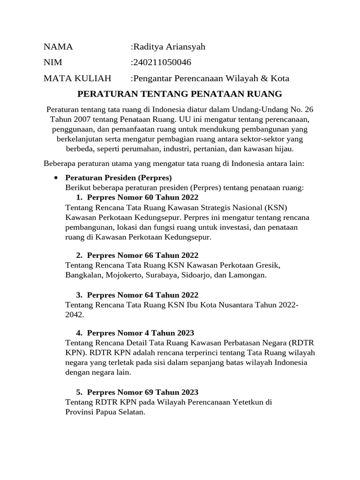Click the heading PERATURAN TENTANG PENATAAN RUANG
[x=180, y=94]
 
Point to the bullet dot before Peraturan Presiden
[x=56, y=178]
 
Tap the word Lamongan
[x=247, y=275]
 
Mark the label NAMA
[x=58, y=47]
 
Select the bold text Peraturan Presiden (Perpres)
[x=119, y=178]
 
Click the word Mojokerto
[x=124, y=275]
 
